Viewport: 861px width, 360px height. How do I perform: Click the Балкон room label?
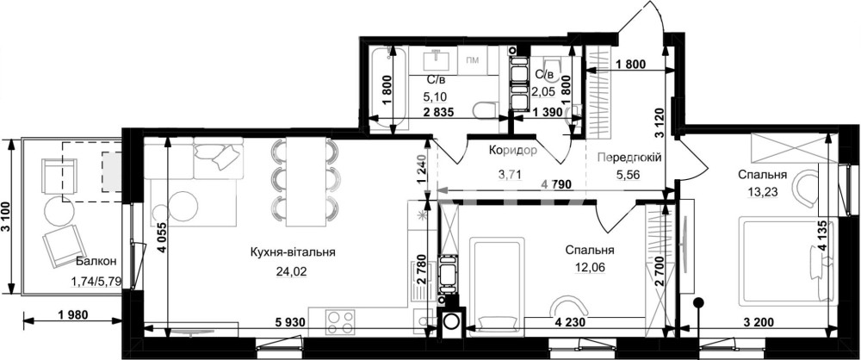(x=96, y=262)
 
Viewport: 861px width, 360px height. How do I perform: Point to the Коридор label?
(x=512, y=150)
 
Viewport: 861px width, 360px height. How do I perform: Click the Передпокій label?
(x=629, y=158)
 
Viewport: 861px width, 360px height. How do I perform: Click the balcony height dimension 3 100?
(x=5, y=216)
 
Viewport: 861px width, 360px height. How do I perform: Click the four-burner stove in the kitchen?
(x=340, y=321)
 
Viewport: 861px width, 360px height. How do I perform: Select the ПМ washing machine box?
(x=472, y=59)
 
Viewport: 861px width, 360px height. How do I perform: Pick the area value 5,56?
(x=629, y=176)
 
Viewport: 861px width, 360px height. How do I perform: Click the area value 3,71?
(x=509, y=176)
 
